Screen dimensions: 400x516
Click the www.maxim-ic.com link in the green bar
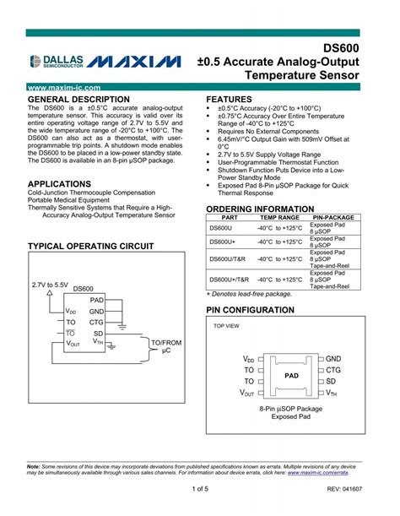pos(64,88)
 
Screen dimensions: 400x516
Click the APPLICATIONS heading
pos(59,183)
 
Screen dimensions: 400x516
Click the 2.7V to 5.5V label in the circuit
pos(50,285)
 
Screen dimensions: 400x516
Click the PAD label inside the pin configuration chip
pos(291,375)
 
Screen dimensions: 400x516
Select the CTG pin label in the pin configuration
pos(333,370)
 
